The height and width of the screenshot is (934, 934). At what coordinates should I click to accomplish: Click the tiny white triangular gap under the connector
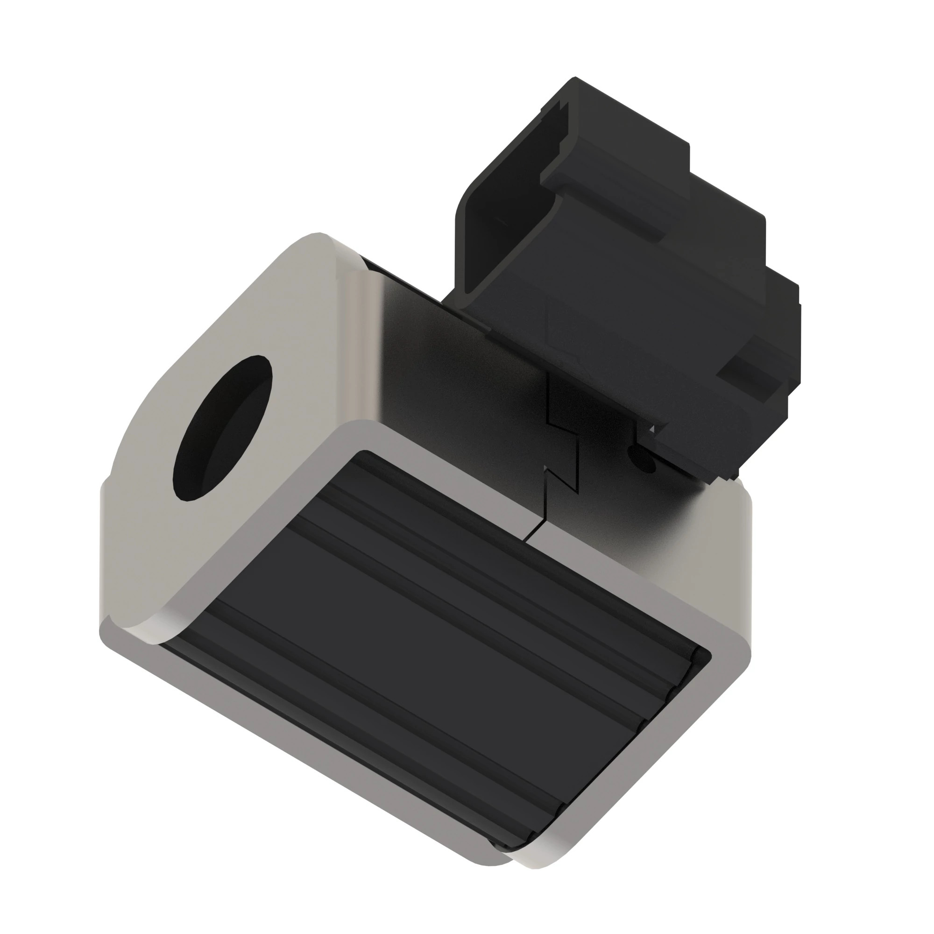pyautogui.click(x=651, y=429)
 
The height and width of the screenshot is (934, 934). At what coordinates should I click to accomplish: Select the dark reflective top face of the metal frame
pyautogui.click(x=459, y=368)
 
